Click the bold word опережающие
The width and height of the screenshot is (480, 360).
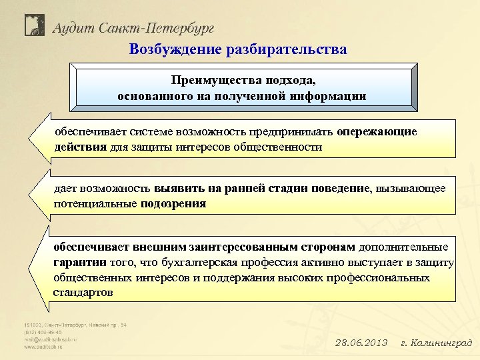click(x=377, y=131)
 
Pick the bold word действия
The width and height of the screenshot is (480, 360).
click(x=80, y=147)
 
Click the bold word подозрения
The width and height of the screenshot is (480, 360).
click(x=173, y=204)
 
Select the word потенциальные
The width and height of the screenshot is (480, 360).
click(x=95, y=204)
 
